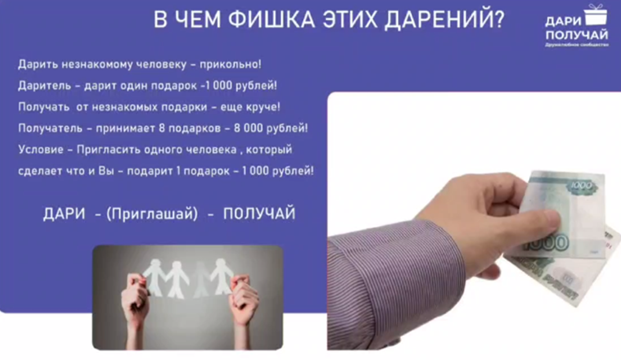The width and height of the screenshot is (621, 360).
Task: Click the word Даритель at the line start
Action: click(x=43, y=86)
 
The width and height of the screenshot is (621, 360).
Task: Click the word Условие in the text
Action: click(x=38, y=150)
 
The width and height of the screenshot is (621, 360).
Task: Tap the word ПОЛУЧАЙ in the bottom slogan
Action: click(x=259, y=214)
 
